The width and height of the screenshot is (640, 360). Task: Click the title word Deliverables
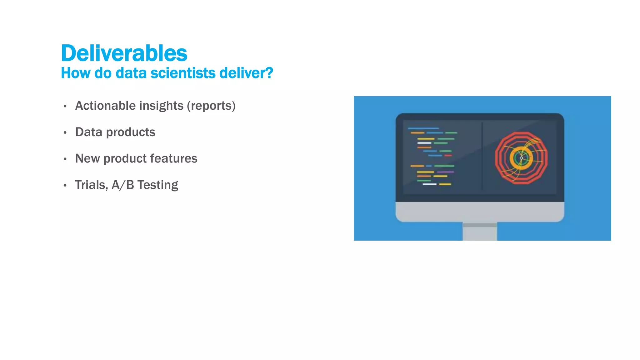tap(124, 53)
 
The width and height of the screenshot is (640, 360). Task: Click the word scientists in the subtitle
tap(183, 73)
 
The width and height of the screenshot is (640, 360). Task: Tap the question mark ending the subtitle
tap(269, 73)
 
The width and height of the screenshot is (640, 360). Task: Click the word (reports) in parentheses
tap(211, 106)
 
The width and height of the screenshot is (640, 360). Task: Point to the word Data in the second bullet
tap(88, 132)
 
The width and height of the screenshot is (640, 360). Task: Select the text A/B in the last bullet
tap(123, 185)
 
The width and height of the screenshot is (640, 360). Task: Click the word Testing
tap(157, 185)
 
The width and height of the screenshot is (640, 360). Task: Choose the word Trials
tap(91, 185)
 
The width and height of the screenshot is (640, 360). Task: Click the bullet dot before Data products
tap(65, 133)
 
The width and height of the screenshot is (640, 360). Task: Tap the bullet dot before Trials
tap(65, 186)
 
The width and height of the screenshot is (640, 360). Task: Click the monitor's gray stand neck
tap(480, 233)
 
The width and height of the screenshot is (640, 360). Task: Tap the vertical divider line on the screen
tap(482, 156)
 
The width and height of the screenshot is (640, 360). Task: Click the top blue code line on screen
tap(423, 128)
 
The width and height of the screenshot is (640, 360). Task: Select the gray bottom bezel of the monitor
tap(480, 212)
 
